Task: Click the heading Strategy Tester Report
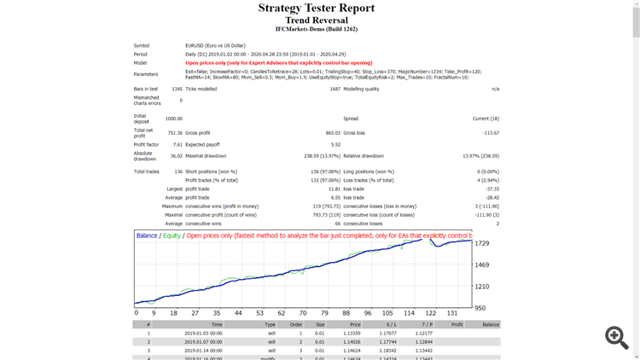point(316,9)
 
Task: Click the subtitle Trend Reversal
point(316,20)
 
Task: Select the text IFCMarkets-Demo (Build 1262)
point(316,29)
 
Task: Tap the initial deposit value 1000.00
point(174,119)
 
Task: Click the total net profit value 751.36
point(174,132)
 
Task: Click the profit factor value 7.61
point(177,144)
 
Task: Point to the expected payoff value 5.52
point(335,144)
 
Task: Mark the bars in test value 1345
point(176,89)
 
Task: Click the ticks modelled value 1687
point(335,89)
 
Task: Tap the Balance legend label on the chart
point(147,235)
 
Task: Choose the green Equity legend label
point(172,235)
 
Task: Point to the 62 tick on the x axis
point(280,313)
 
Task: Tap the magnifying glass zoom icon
point(616,337)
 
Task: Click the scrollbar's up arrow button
point(636,5)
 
